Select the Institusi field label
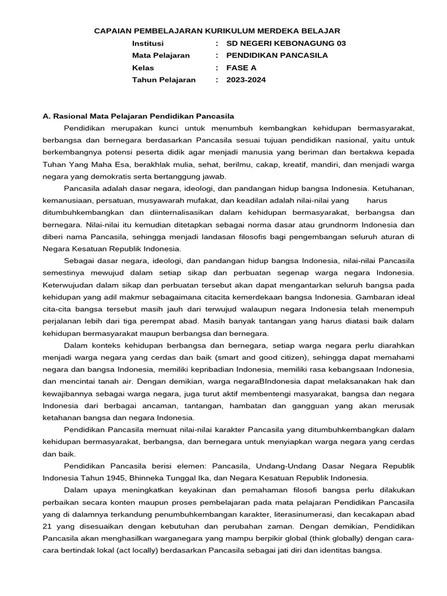[x=148, y=44]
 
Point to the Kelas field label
[x=143, y=68]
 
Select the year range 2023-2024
[x=246, y=80]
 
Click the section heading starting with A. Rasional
[x=138, y=116]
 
